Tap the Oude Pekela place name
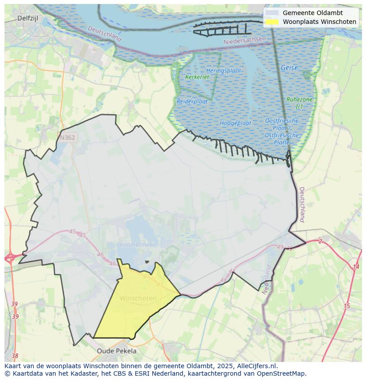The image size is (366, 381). point(117,351)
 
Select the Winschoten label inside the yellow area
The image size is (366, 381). point(138,298)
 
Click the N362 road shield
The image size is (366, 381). point(67,138)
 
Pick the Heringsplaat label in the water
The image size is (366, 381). point(223,71)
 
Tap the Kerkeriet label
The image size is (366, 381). point(197,77)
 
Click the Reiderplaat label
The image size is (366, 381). point(192,101)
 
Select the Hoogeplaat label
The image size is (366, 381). point(236,123)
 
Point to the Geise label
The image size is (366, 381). point(289,68)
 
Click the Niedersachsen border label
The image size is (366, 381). point(244,40)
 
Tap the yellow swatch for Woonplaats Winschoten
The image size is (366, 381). point(272,22)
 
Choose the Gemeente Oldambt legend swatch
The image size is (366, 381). point(272,13)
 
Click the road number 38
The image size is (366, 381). point(15,356)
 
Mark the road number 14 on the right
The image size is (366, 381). point(356,267)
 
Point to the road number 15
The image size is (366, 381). point(347,306)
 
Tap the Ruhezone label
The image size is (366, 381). point(299,100)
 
